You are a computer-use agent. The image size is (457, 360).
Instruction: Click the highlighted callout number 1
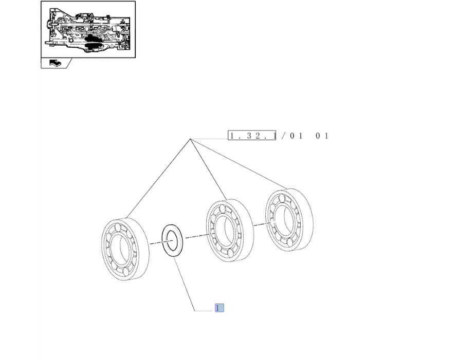pyautogui.click(x=219, y=308)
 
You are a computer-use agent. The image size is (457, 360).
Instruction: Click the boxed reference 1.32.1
pyautogui.click(x=252, y=136)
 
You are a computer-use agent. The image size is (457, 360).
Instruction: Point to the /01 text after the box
pyautogui.click(x=292, y=136)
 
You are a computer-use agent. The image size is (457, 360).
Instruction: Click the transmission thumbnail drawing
pyautogui.click(x=88, y=29)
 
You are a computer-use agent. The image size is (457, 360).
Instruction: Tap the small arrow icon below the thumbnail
pyautogui.click(x=55, y=63)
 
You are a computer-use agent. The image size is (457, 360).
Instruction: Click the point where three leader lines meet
pyautogui.click(x=190, y=139)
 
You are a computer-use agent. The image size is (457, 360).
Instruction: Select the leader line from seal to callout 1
pyautogui.click(x=184, y=285)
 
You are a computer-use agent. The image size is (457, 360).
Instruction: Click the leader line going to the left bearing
pyautogui.click(x=158, y=179)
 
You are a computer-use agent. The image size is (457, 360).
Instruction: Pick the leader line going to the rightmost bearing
pyautogui.click(x=239, y=164)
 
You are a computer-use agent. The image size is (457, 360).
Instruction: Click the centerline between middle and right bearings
pyautogui.click(x=262, y=224)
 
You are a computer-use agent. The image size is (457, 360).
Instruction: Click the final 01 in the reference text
pyautogui.click(x=322, y=136)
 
